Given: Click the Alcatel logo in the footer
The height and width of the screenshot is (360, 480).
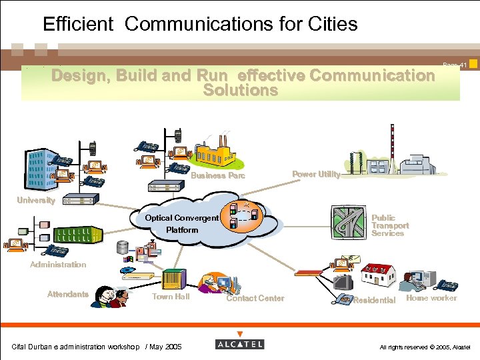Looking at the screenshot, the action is click(240, 344).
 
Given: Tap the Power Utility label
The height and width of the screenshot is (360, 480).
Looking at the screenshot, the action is click(316, 174).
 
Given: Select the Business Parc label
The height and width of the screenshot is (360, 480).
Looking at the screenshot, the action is click(218, 176).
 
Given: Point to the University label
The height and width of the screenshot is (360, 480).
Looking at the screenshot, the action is click(36, 200).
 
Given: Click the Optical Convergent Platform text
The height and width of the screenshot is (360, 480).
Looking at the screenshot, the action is click(182, 223).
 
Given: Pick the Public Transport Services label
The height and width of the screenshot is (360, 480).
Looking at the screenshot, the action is click(390, 225).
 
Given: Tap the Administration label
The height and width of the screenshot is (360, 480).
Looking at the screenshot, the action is click(58, 265).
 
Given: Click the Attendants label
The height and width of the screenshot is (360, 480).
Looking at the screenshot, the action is click(68, 294).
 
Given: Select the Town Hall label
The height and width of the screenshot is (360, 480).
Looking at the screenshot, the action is click(171, 297).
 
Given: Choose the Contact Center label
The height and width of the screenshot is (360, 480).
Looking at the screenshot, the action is click(255, 298).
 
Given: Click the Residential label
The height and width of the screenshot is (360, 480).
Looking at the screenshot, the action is click(374, 301).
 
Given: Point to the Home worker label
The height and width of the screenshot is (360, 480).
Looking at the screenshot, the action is click(431, 298).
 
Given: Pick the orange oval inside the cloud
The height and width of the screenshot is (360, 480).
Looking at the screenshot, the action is click(243, 215).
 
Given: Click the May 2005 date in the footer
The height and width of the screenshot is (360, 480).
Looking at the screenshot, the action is click(165, 347).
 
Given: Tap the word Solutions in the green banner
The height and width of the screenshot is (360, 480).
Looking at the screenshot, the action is click(240, 90).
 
